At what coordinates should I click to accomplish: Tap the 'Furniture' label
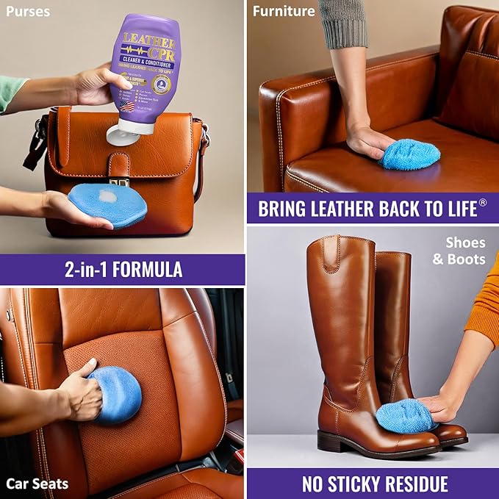click(284, 11)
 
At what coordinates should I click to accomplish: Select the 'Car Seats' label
click(37, 483)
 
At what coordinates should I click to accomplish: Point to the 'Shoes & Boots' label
click(464, 251)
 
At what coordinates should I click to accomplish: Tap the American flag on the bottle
click(126, 105)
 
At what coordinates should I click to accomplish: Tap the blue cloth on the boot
click(404, 416)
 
